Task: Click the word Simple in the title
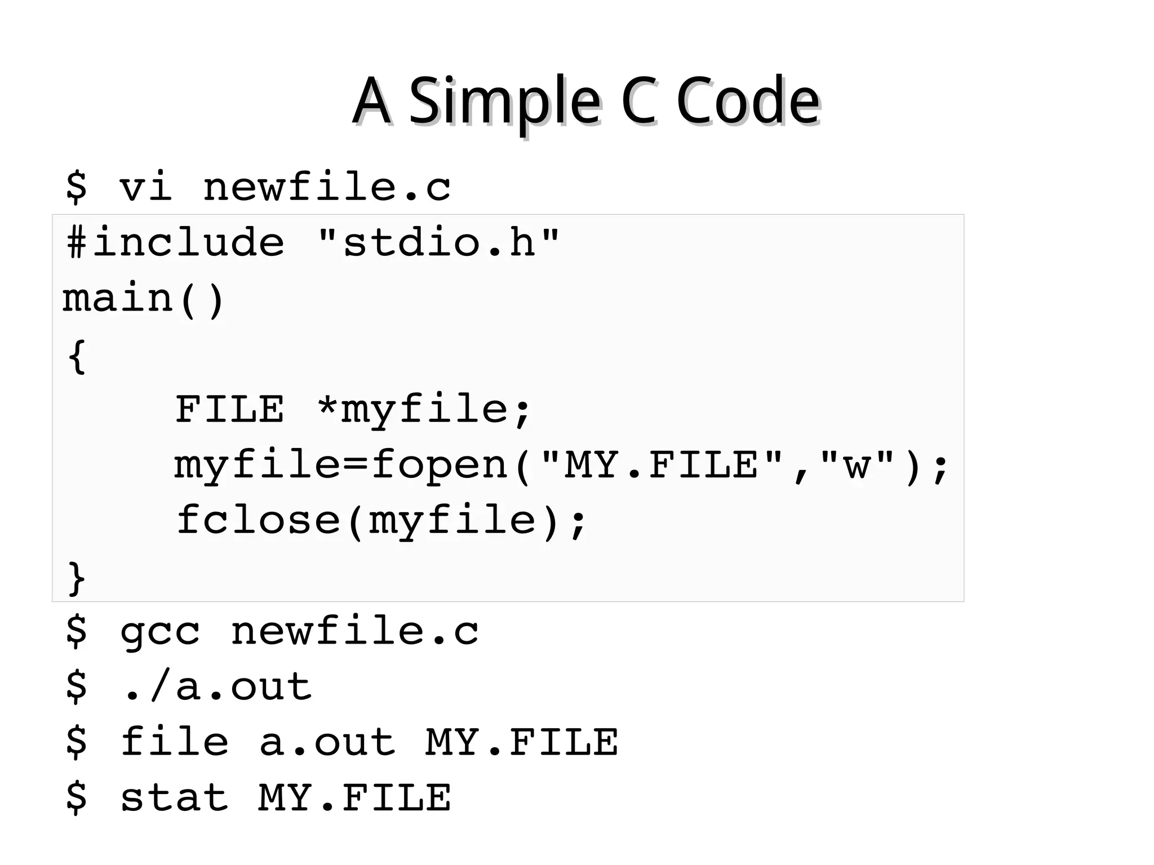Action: (x=504, y=101)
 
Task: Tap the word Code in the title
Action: (x=748, y=101)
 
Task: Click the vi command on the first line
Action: (x=145, y=187)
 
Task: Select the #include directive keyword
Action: (x=175, y=242)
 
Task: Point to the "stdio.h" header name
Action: (x=438, y=242)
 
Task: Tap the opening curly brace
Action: (x=77, y=356)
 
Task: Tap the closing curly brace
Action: (x=77, y=578)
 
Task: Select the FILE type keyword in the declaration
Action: (x=229, y=409)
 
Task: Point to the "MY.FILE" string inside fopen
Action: (x=662, y=465)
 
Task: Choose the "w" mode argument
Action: (x=857, y=465)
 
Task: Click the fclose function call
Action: (x=259, y=520)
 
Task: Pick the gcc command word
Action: (x=160, y=631)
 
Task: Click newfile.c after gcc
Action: (x=354, y=631)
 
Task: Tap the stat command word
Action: (x=174, y=798)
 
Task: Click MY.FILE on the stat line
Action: (x=354, y=798)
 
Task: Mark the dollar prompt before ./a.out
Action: (x=77, y=686)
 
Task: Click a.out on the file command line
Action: (x=327, y=742)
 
